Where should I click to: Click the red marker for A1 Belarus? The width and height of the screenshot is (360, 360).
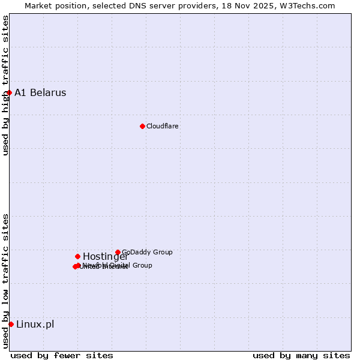(10, 92)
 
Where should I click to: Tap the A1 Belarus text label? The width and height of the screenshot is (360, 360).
(40, 92)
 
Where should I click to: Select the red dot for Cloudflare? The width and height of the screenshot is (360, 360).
(142, 126)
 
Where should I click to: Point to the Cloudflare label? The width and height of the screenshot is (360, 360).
(162, 126)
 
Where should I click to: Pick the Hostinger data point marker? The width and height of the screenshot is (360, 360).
(77, 256)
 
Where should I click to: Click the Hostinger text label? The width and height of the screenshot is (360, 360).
(105, 257)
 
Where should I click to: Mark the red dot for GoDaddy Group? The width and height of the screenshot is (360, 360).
(118, 252)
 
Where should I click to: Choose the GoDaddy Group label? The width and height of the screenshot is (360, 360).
(147, 252)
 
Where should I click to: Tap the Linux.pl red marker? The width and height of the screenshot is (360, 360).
(11, 324)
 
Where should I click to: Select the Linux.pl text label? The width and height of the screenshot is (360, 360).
(35, 324)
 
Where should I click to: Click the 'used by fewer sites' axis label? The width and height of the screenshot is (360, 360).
(62, 355)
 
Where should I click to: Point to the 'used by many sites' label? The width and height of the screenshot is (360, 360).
(301, 355)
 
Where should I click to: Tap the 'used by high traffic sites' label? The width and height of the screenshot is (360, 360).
(5, 85)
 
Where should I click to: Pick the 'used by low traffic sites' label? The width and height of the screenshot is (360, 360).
(5, 281)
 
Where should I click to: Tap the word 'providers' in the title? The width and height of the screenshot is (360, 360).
(193, 5)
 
